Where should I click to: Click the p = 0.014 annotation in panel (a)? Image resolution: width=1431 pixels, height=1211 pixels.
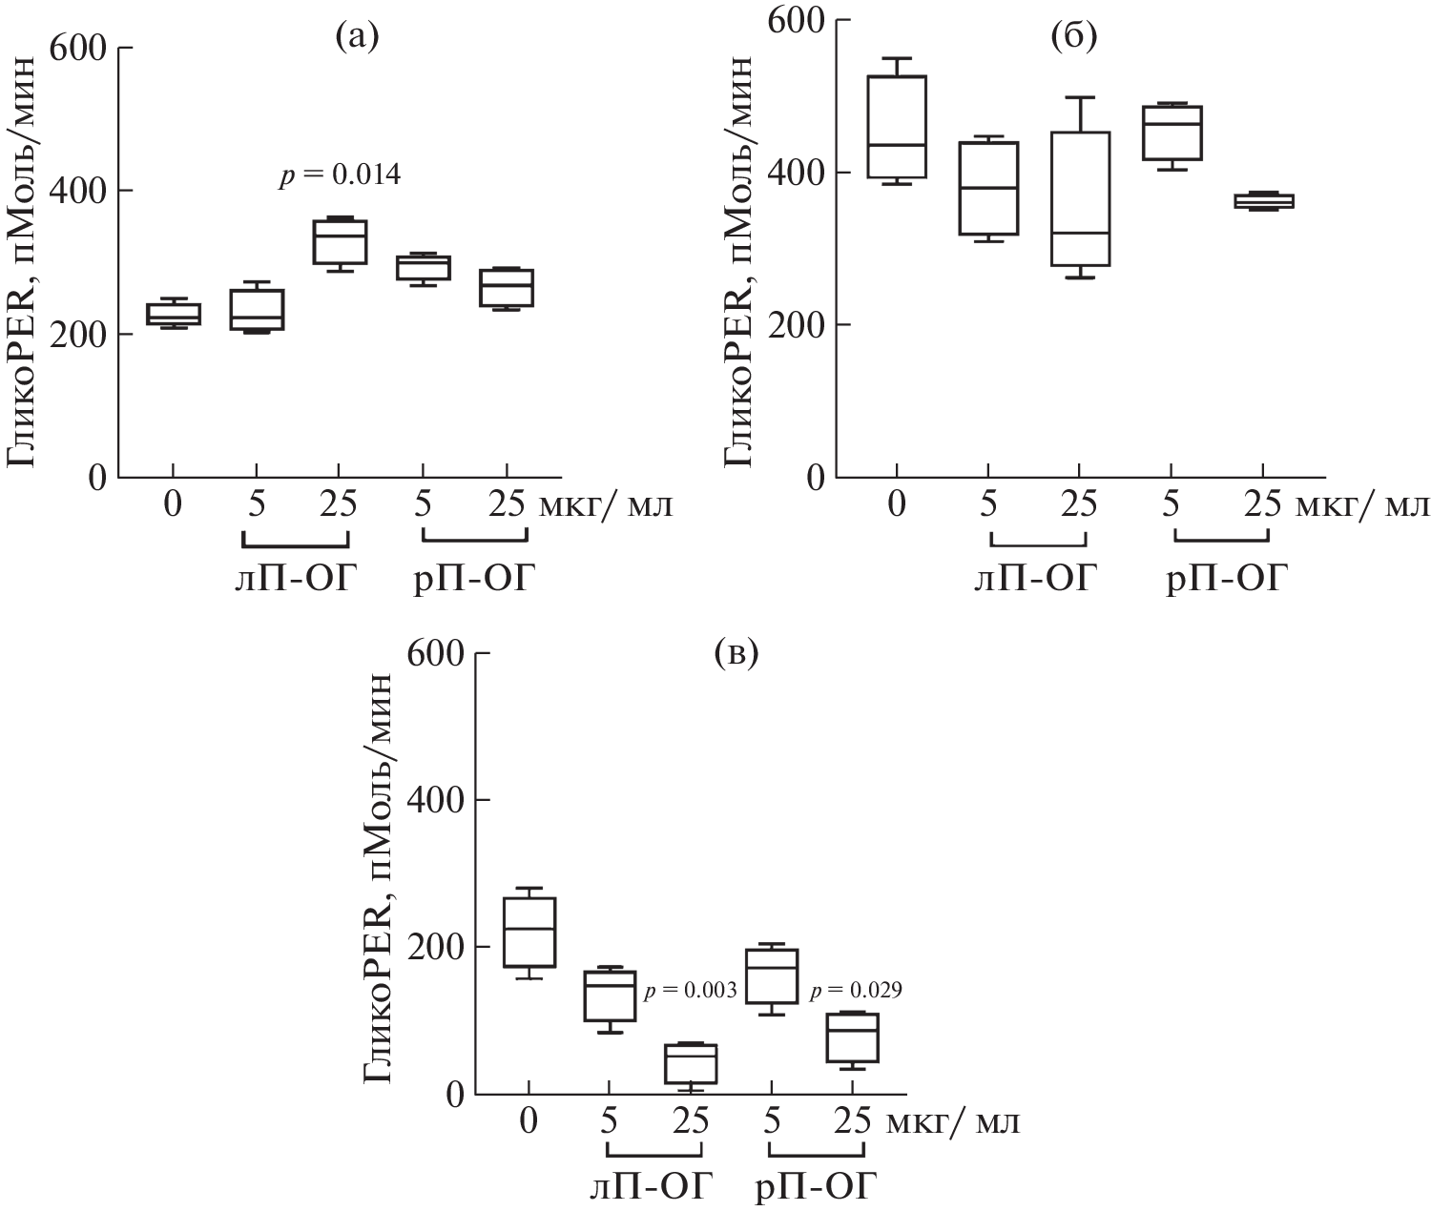coord(340,175)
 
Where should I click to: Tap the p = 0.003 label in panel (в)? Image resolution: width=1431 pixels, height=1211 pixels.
coord(690,991)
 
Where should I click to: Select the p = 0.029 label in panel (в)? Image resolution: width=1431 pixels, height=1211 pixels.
coord(856,992)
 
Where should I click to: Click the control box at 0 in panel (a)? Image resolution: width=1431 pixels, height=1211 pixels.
coord(173,314)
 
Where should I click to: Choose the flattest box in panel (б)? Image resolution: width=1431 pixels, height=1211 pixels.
coord(1263,200)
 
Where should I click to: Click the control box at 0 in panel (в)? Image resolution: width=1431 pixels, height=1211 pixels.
coord(529,932)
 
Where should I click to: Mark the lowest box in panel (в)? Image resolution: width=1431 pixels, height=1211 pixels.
coord(690,1063)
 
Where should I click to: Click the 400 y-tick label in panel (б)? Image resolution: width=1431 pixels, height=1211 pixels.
coord(796,173)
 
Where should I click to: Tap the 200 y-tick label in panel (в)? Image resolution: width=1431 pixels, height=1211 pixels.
coord(435,947)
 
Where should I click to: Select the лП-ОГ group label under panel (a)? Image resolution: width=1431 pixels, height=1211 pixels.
coord(292,578)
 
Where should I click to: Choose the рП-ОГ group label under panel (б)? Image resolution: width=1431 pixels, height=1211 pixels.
coord(1226,578)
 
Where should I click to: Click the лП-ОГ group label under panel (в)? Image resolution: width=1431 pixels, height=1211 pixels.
coord(651,1187)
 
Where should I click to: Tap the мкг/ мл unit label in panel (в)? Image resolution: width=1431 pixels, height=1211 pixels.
coord(953,1121)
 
